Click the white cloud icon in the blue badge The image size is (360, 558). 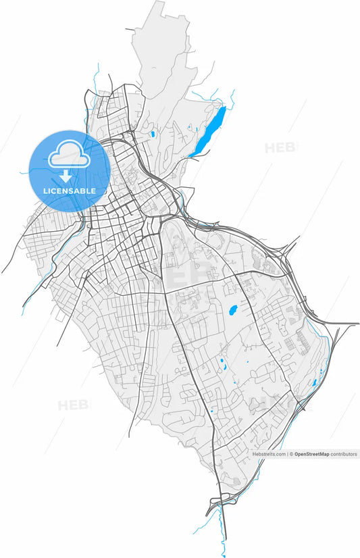68,155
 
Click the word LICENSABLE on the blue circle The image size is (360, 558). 70,191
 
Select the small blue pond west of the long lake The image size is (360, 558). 153,134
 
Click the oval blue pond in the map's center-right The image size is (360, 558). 233,311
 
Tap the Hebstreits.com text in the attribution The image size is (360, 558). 269,455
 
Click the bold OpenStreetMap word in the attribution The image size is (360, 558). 311,455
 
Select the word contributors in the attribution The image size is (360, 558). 344,455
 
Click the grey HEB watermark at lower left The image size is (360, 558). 72,405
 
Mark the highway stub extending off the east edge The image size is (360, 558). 348,324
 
